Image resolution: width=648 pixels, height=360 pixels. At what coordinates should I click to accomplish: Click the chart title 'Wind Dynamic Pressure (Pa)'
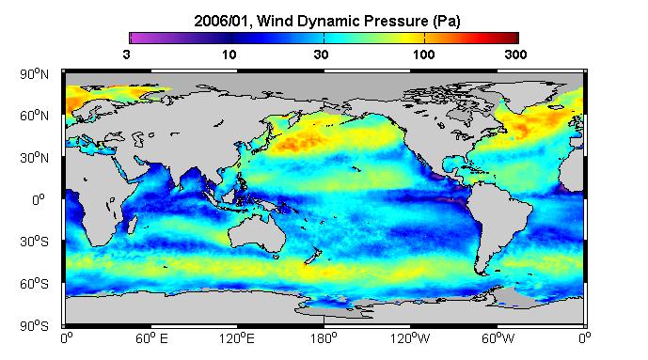click(358, 21)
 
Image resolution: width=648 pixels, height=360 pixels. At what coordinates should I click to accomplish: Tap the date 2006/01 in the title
click(222, 21)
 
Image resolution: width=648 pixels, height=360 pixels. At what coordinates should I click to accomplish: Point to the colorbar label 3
click(126, 55)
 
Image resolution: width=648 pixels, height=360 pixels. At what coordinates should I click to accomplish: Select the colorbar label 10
click(229, 55)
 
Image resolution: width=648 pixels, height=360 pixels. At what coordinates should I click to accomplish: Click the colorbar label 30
click(321, 55)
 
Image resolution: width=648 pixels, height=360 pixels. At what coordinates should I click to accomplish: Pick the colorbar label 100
click(423, 55)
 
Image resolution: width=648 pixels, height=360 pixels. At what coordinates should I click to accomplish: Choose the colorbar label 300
click(515, 55)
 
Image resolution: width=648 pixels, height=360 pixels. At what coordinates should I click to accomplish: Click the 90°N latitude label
click(34, 74)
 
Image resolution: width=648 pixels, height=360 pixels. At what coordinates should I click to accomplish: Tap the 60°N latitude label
click(34, 116)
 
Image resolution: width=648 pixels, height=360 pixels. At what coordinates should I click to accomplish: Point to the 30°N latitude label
click(34, 158)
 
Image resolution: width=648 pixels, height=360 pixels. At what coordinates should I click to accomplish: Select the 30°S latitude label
click(34, 242)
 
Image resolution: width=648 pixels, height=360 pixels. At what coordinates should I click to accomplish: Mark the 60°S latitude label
click(34, 284)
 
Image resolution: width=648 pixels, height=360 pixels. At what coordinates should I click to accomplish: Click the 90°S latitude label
click(34, 326)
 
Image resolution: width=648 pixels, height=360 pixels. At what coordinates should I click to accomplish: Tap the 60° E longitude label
click(151, 338)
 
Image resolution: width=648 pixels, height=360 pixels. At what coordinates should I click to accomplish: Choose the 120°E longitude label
click(237, 338)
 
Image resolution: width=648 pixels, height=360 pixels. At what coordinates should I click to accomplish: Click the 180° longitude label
click(324, 338)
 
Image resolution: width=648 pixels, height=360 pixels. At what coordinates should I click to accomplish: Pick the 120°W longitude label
click(410, 338)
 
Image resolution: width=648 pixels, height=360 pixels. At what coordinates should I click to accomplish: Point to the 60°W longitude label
click(498, 338)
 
